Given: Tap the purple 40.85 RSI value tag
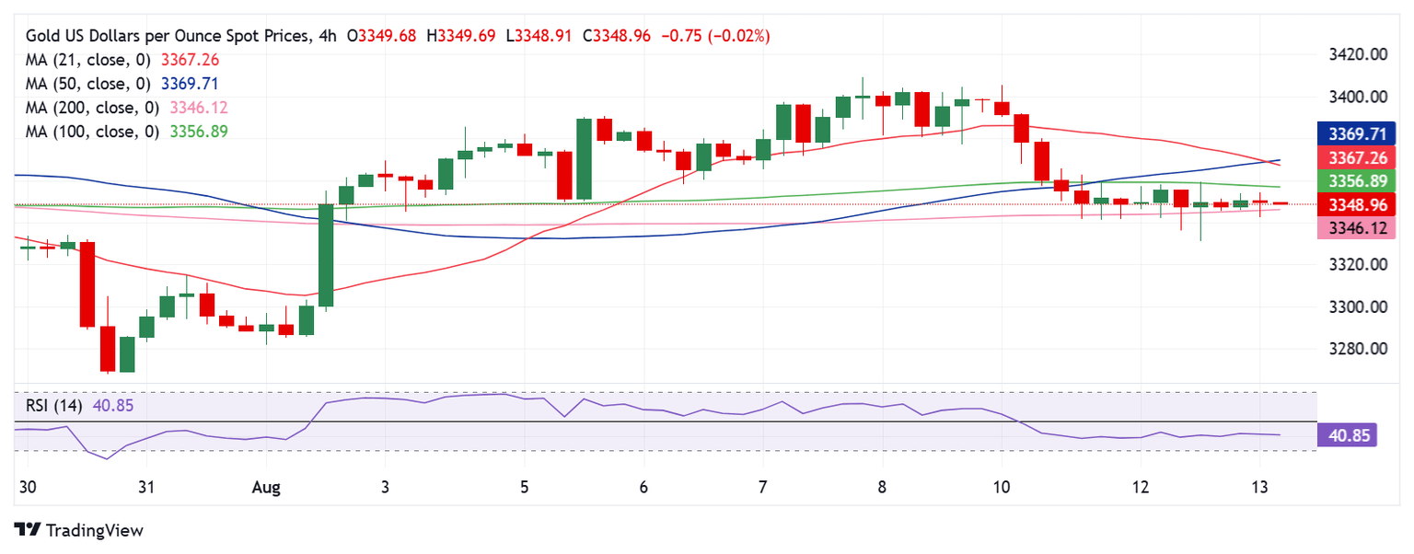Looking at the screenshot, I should pyautogui.click(x=1347, y=434).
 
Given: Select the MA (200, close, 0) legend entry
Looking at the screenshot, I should pyautogui.click(x=93, y=108).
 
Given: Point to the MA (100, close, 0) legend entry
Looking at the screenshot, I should pyautogui.click(x=93, y=132).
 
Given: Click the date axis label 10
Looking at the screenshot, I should pyautogui.click(x=1003, y=486).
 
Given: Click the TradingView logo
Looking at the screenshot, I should pyautogui.click(x=79, y=531).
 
